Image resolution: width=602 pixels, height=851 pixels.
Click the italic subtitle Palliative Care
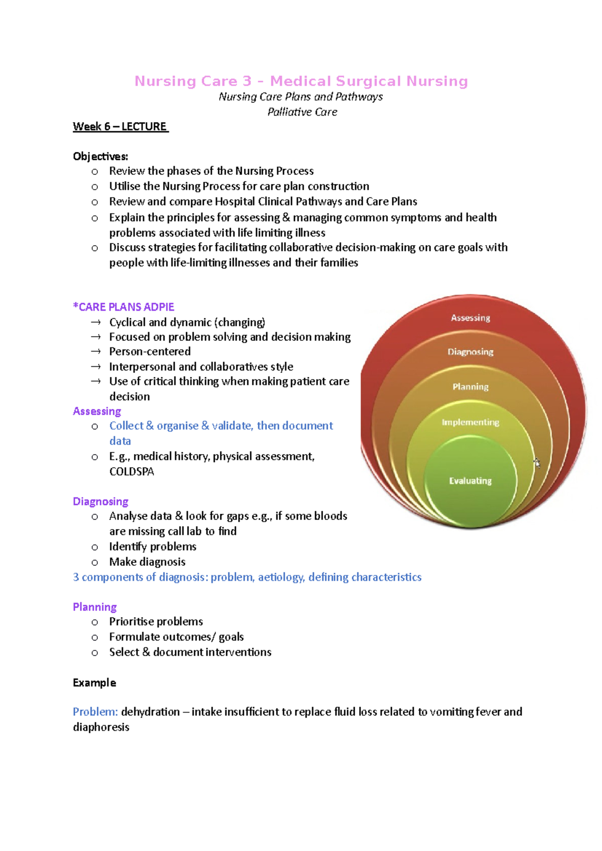[x=302, y=112]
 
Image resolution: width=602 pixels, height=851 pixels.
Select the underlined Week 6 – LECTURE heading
[x=120, y=127]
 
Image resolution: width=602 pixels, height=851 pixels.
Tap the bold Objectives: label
[x=100, y=156]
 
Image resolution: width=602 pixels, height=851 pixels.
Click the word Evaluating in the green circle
[x=470, y=481]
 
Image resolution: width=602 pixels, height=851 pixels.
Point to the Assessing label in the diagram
[x=470, y=318]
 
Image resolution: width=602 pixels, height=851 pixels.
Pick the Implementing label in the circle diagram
[x=470, y=422]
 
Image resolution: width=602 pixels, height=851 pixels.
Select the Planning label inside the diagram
[x=470, y=387]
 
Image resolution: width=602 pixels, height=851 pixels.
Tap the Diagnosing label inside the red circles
[x=470, y=352]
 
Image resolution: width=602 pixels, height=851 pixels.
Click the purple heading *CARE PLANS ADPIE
[x=123, y=307]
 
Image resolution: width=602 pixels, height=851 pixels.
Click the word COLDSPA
[x=131, y=472]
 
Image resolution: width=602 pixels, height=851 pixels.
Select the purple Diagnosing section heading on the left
[x=100, y=502]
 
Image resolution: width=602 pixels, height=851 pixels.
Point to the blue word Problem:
[x=95, y=712]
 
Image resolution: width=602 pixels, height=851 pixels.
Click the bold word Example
[x=94, y=683]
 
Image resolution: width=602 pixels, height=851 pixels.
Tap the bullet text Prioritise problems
[x=156, y=621]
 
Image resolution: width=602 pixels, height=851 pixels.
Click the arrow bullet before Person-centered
[x=95, y=352]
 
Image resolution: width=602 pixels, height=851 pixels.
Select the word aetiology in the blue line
[x=281, y=577]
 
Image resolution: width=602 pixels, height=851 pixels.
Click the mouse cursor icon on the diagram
[x=537, y=463]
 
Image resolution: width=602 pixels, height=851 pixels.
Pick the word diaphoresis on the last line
[x=101, y=727]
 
